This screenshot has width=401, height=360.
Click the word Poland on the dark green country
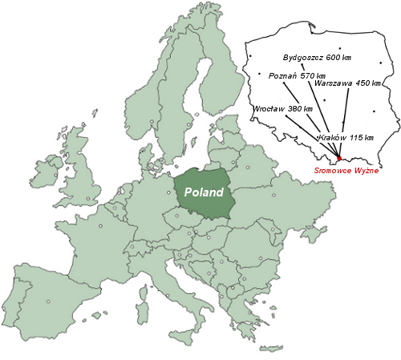pos(204,192)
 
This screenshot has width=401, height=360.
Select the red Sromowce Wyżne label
pos(346,170)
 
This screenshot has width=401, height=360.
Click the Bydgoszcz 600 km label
pos(318,58)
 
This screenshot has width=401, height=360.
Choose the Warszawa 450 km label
pos(347,83)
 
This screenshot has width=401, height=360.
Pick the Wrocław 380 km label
pos(282,108)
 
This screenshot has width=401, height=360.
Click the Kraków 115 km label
pos(346,138)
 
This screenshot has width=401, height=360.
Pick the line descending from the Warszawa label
pos(343,120)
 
